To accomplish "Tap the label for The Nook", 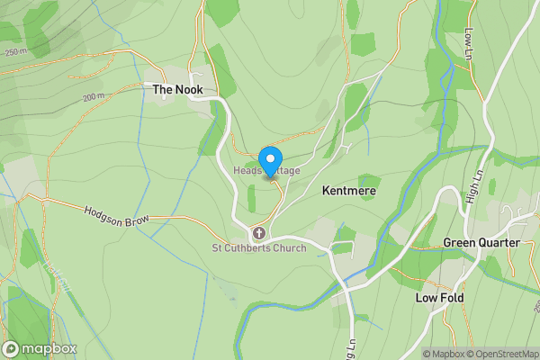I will [x=177, y=90].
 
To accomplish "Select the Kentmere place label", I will [x=348, y=192].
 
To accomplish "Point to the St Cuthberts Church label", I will [x=258, y=248].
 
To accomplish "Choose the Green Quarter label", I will [x=481, y=243].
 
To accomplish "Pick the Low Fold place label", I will [x=438, y=297].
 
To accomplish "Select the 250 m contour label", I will [x=16, y=52].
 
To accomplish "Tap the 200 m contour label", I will [x=94, y=96].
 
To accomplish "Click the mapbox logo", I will [x=40, y=348].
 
